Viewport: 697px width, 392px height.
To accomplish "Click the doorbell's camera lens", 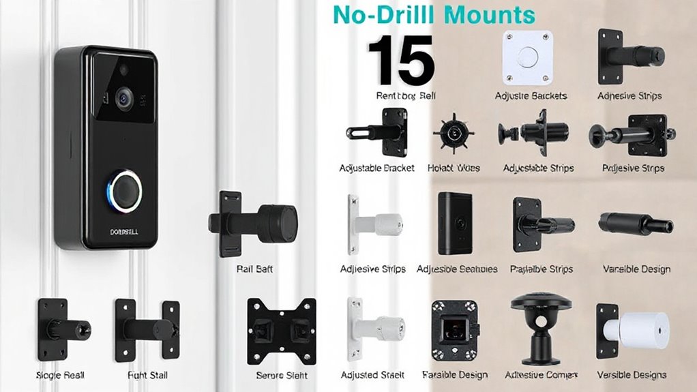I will click(123, 97).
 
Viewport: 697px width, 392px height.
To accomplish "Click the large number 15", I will click(401, 61).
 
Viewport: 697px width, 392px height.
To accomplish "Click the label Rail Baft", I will click(254, 269).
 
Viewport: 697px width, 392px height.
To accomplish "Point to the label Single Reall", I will click(60, 376).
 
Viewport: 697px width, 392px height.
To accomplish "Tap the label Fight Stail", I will click(147, 376).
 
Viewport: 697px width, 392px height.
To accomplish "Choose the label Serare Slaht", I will click(282, 376).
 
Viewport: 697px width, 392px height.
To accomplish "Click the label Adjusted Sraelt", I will click(373, 375).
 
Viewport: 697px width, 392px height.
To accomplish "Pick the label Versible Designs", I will click(632, 375).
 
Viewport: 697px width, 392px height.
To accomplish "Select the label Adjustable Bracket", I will click(376, 168).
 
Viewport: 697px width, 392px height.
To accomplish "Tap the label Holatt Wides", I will click(454, 168).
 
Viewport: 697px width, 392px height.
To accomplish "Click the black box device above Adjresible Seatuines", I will click(456, 222).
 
